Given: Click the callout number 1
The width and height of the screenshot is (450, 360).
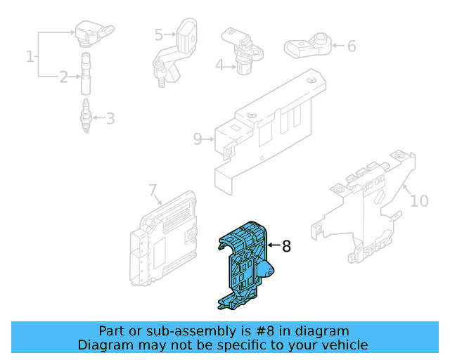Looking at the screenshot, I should click(x=30, y=56).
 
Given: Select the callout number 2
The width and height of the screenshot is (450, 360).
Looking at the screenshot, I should click(x=64, y=77).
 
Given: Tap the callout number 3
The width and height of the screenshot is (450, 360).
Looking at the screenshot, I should click(x=110, y=118).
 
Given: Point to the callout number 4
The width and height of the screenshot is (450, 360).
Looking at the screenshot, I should click(x=219, y=65).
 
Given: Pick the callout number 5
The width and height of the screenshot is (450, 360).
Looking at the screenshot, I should click(x=159, y=34).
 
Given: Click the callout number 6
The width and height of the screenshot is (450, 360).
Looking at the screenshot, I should click(x=351, y=46).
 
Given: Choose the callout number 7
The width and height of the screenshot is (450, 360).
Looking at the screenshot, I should click(x=153, y=190).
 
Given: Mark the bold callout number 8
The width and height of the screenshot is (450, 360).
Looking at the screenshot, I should click(x=286, y=246).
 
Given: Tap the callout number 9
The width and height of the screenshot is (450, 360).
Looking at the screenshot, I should click(x=198, y=139).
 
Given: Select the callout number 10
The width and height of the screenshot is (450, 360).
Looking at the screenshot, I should click(x=418, y=201).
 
